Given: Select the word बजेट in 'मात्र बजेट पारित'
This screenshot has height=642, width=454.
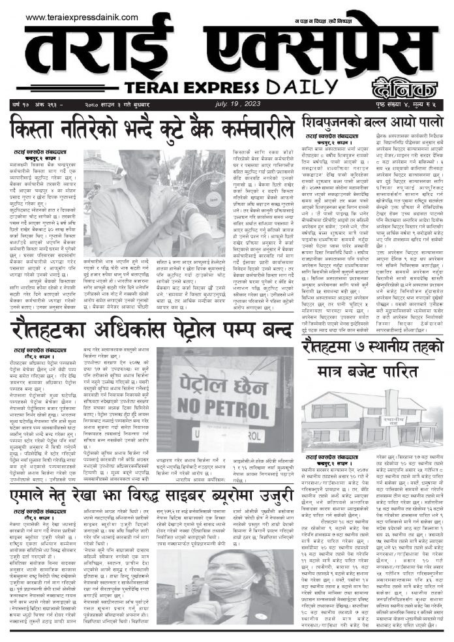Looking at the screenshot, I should [x=375, y=371].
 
